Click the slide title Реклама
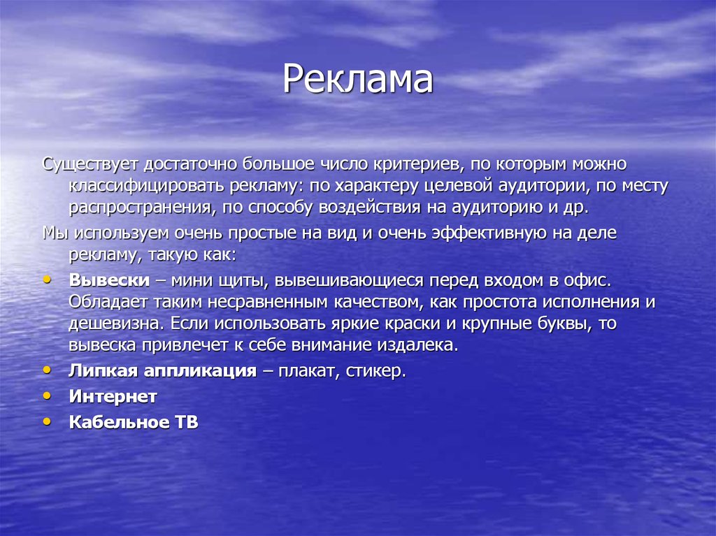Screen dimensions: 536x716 (358, 80)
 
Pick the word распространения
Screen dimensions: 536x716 (143, 208)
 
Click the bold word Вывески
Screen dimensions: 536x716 (109, 281)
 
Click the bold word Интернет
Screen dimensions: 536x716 (113, 397)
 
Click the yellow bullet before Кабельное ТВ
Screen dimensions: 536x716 (47, 421)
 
